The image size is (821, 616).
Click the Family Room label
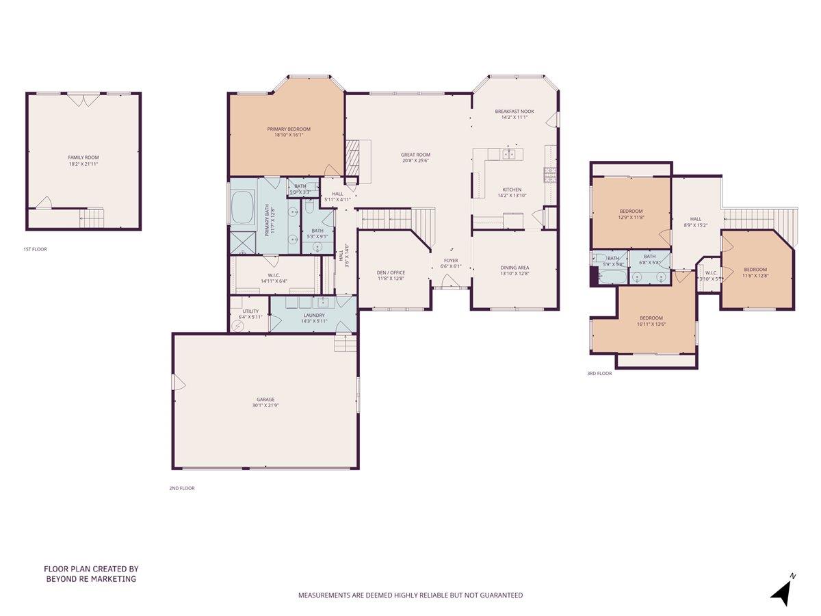pos(83,157)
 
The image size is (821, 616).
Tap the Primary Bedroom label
pos(288,129)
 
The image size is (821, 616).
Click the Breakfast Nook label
pos(514,112)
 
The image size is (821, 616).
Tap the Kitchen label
pos(512,190)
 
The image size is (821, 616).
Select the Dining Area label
pos(514,268)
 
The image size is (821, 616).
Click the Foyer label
pos(451,260)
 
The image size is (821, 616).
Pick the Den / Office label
pos(391,272)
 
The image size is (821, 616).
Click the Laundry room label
pos(314,316)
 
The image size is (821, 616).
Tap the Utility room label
pos(248,311)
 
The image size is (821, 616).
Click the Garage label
pos(265,400)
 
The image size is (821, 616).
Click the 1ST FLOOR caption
pos(35,250)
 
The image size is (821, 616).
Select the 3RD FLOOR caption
pos(599,374)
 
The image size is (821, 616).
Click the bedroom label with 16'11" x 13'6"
pos(651,318)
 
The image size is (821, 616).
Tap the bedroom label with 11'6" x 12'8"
pos(755,270)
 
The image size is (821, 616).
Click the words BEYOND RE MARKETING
pos(91,579)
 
